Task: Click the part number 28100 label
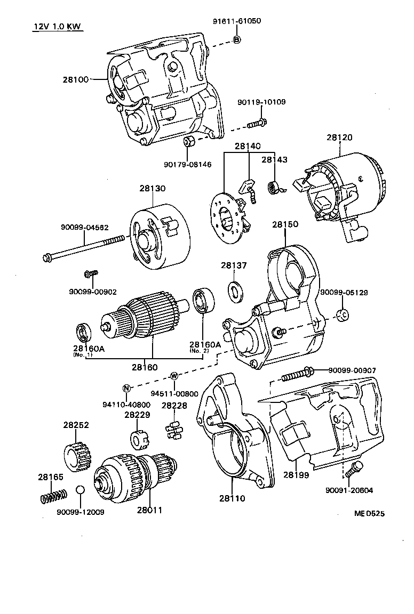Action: tap(75, 79)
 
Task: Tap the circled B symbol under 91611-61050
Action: tap(237, 39)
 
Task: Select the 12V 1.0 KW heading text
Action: tap(55, 27)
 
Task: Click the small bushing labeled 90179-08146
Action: tap(188, 142)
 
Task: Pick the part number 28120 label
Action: tap(339, 137)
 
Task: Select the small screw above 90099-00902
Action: tap(90, 274)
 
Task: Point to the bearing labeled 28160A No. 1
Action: tap(84, 333)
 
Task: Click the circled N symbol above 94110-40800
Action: tap(126, 387)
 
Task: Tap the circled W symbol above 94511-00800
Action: tap(173, 376)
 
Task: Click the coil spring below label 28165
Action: tap(53, 496)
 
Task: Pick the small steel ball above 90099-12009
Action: tap(79, 490)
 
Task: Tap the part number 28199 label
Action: tap(296, 474)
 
